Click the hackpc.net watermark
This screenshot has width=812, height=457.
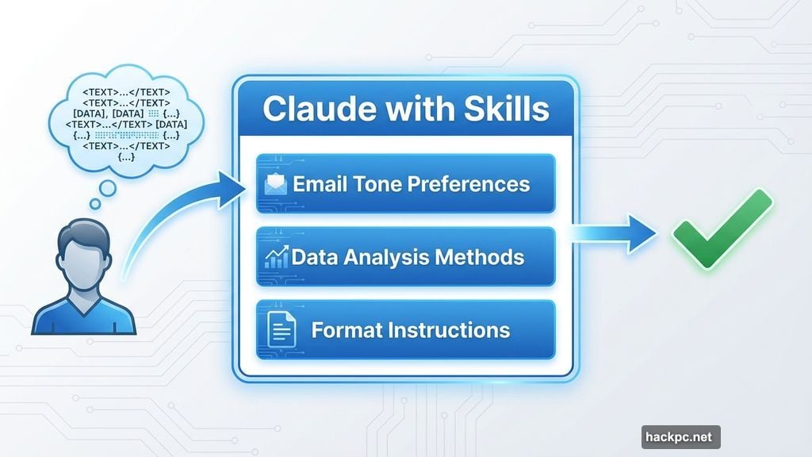point(680,436)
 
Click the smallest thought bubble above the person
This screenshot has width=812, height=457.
point(95,204)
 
